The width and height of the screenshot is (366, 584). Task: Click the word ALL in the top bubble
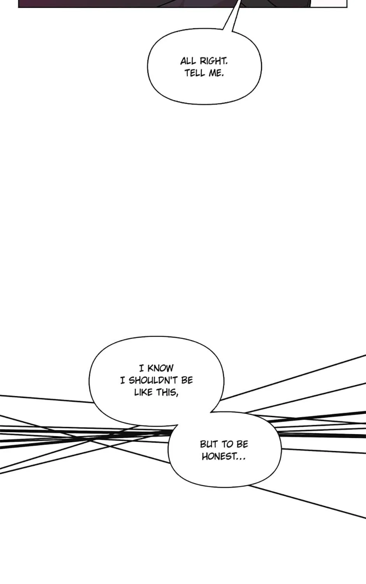(188, 61)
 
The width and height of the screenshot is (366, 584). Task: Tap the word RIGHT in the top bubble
(213, 61)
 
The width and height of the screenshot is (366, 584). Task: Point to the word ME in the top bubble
(215, 73)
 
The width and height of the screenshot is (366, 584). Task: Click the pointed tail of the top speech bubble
(239, 1)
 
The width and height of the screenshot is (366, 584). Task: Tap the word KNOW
(160, 368)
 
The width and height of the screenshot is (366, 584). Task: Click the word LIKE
(143, 392)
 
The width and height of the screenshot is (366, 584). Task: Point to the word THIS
(166, 392)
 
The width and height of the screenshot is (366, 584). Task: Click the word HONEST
(217, 457)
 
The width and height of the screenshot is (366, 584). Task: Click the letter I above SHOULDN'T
(122, 380)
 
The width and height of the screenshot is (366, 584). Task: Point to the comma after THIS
(177, 396)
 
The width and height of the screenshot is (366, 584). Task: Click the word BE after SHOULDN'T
(187, 380)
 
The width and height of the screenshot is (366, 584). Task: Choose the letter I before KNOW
(141, 368)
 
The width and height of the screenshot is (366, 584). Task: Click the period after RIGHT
(226, 64)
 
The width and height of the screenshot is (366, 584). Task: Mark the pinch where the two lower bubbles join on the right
(211, 412)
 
